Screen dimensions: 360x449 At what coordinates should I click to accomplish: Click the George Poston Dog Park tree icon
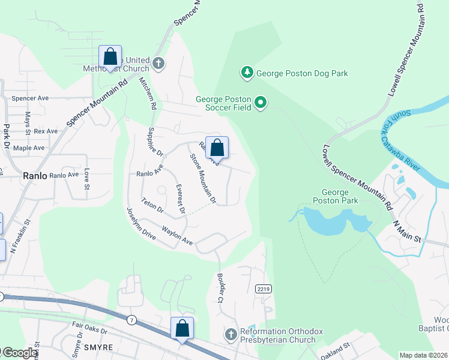click(x=247, y=73)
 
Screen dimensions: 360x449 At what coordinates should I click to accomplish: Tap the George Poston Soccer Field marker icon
click(x=261, y=103)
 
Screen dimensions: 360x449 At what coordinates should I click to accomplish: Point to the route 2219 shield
click(x=262, y=289)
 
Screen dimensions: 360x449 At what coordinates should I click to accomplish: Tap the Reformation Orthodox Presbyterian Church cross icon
click(x=231, y=334)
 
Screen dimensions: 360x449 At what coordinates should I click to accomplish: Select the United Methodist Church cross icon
click(x=158, y=64)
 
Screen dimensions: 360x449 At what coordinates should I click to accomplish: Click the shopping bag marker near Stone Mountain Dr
click(x=217, y=148)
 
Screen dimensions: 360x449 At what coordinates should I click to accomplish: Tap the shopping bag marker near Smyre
click(x=182, y=329)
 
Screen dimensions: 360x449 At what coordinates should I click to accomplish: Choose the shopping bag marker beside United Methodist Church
click(x=110, y=58)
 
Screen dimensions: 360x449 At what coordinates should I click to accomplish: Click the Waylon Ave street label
click(x=177, y=235)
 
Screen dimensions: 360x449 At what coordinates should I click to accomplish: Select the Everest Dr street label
click(x=178, y=199)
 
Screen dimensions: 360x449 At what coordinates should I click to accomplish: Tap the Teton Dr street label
click(x=152, y=205)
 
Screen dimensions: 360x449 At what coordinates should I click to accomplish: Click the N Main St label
click(x=408, y=231)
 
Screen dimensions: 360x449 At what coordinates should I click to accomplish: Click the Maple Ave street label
click(x=29, y=148)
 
